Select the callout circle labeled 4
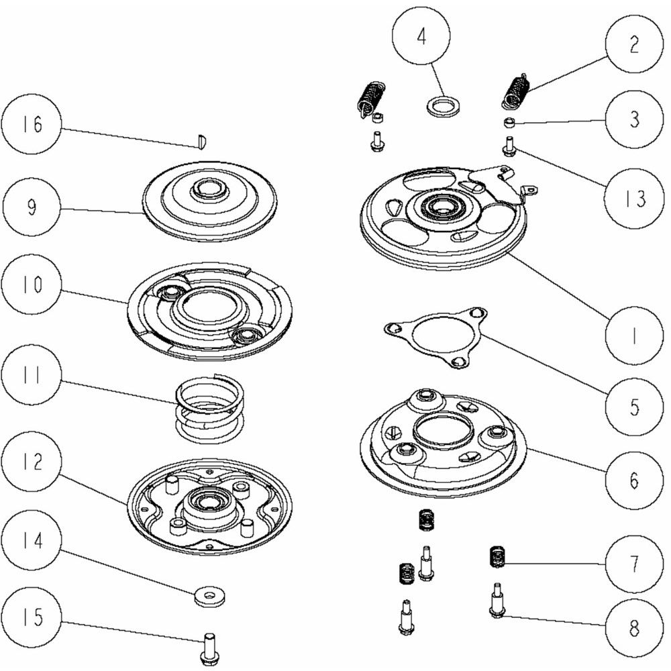click(421, 36)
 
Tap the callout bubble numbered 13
click(634, 198)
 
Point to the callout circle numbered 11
click(31, 375)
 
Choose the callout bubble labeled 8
click(634, 627)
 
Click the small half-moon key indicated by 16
click(201, 141)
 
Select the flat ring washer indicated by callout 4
click(442, 105)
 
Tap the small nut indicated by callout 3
click(508, 123)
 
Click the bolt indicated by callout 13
click(509, 146)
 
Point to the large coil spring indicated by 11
click(210, 406)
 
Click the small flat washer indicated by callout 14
click(209, 596)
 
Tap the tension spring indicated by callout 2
click(514, 90)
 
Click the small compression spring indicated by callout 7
click(498, 557)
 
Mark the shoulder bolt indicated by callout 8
click(497, 600)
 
